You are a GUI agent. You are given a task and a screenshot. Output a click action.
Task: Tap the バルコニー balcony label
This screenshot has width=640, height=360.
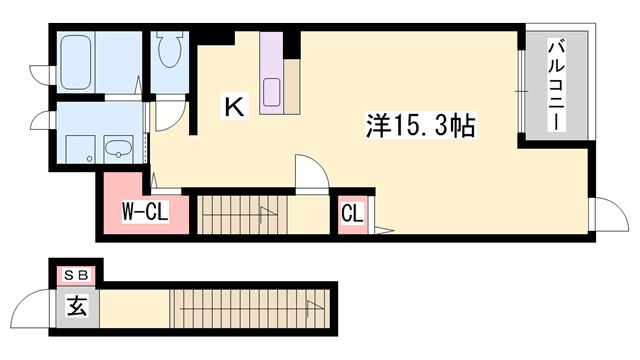tap(556, 85)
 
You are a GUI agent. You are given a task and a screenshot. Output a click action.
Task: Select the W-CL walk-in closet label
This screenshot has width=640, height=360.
tap(144, 211)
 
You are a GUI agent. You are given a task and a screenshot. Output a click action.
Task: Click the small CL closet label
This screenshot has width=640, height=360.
tap(351, 212)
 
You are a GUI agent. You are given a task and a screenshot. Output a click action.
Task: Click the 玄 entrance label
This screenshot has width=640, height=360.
tap(76, 307)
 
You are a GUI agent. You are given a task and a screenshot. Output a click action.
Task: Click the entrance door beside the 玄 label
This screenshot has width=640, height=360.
tap(41, 306)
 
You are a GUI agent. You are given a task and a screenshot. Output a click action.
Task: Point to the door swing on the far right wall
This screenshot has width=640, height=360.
tap(604, 214)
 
